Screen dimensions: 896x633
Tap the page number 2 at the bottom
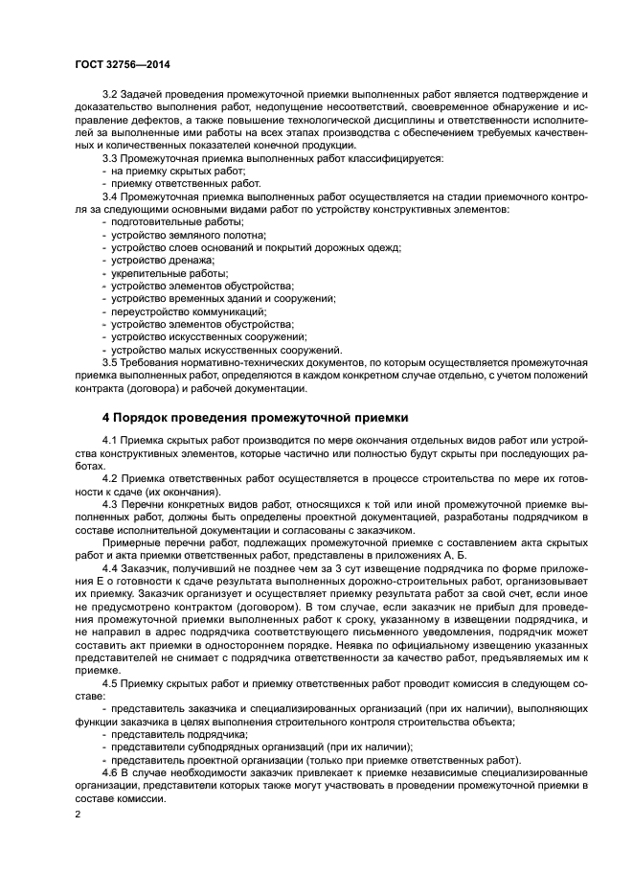coord(79,815)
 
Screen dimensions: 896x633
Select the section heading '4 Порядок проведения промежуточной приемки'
coord(255,418)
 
